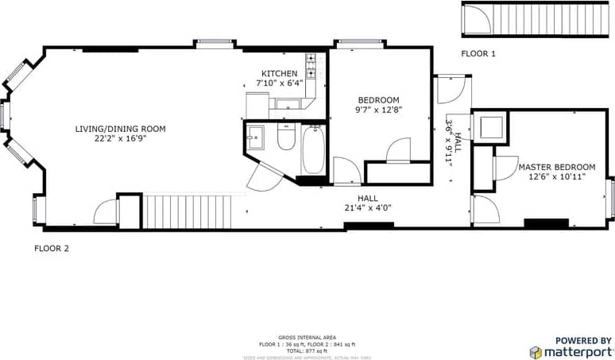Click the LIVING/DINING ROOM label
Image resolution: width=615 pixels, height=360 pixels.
coord(120,129)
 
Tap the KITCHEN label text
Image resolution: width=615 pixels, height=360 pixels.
coord(279,74)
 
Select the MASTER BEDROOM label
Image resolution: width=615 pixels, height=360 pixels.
coord(556,167)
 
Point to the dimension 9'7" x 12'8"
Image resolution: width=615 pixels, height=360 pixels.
coord(377,110)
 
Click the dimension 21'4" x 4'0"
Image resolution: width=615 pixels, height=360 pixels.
coord(368,208)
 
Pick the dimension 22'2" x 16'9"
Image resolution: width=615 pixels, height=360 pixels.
coord(120,138)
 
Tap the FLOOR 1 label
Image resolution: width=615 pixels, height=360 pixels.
coord(478,54)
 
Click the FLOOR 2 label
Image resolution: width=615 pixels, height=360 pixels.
coord(52,248)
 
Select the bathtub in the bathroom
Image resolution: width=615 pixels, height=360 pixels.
coord(313,150)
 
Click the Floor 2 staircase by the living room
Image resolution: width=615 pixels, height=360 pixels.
coord(186,211)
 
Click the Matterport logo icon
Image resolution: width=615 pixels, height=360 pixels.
coord(536,351)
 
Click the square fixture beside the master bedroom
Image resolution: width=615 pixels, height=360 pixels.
coord(489,127)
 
